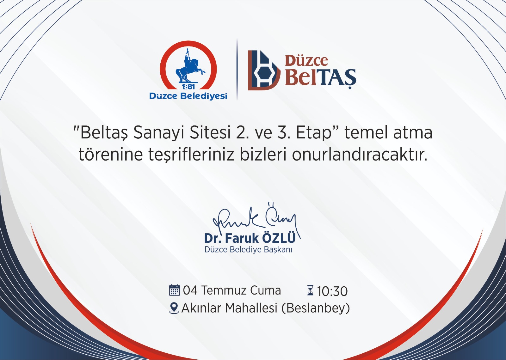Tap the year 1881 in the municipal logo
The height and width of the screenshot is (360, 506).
coord(188,87)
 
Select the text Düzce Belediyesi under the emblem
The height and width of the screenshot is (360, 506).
coord(188,96)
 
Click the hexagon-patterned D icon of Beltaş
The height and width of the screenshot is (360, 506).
coord(264,70)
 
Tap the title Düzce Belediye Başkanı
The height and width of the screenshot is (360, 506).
coord(248,250)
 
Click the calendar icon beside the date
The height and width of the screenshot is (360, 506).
coord(174,290)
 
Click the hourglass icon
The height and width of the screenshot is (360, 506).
coord(310,290)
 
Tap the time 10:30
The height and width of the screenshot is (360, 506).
coord(332,291)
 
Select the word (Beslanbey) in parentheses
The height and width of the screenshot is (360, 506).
coord(316,308)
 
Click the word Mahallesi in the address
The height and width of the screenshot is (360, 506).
coord(251,308)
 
